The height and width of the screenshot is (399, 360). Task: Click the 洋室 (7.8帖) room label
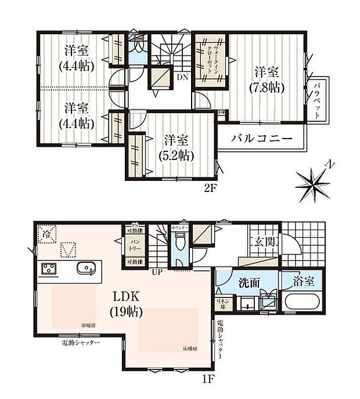pyautogui.click(x=267, y=79)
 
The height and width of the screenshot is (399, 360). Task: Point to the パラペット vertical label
pyautogui.click(x=318, y=100)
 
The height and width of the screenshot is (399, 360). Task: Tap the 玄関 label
pyautogui.click(x=260, y=241)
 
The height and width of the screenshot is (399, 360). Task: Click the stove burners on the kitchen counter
pyautogui.click(x=48, y=269)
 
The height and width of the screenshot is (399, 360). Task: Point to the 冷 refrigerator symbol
pyautogui.click(x=46, y=234)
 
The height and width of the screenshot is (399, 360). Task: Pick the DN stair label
pyautogui.click(x=182, y=76)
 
